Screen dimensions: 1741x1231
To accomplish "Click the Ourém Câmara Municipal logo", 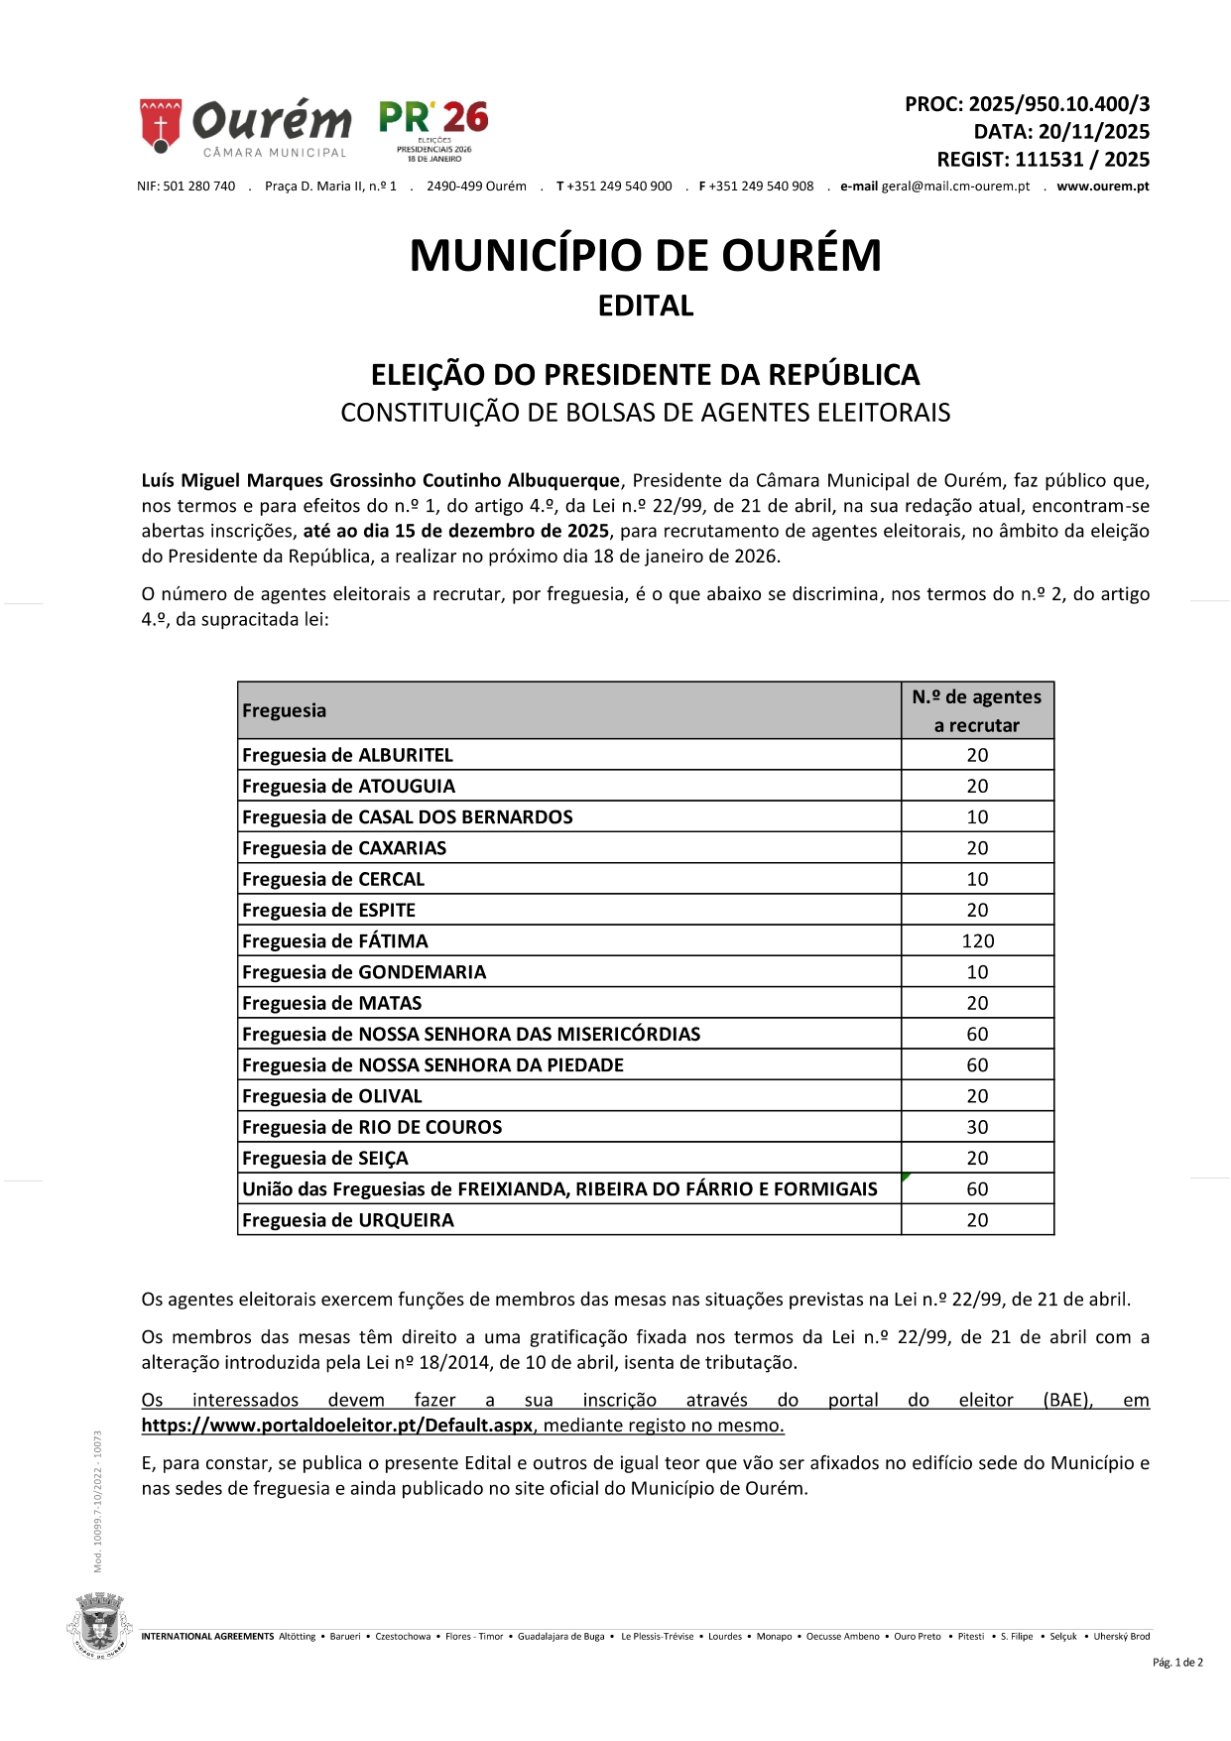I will (245, 127).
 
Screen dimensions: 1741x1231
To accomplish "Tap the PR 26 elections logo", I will (433, 129).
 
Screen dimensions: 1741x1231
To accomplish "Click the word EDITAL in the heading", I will (646, 306).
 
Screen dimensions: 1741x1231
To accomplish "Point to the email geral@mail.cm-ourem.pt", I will (955, 187).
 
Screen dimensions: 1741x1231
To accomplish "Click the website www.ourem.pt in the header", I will (1102, 187).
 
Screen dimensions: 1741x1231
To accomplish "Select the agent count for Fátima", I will (977, 941).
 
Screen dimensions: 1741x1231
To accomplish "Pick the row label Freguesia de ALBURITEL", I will (347, 755).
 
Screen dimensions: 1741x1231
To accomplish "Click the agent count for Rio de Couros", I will (977, 1127).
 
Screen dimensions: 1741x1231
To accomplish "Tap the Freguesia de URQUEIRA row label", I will (347, 1220).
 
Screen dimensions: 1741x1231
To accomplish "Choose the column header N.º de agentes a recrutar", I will (977, 710).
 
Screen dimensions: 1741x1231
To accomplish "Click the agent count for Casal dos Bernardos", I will (977, 817).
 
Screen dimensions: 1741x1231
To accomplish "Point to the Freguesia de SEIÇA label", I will (324, 1159).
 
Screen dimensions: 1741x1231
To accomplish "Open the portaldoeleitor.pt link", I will (337, 1426).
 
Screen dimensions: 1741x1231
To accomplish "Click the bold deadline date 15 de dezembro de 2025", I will (456, 531).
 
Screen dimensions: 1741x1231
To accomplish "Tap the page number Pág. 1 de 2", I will (1177, 1663).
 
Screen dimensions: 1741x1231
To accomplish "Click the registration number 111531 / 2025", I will (1081, 160).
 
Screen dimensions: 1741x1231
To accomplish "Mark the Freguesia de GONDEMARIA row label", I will (364, 972).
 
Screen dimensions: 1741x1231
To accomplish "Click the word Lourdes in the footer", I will (725, 1637).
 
